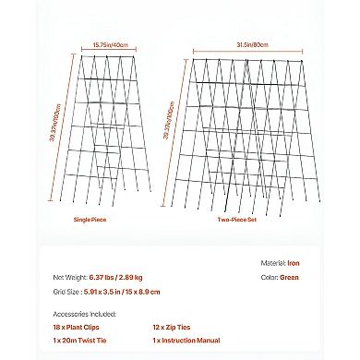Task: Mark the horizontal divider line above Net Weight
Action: click(180, 247)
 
